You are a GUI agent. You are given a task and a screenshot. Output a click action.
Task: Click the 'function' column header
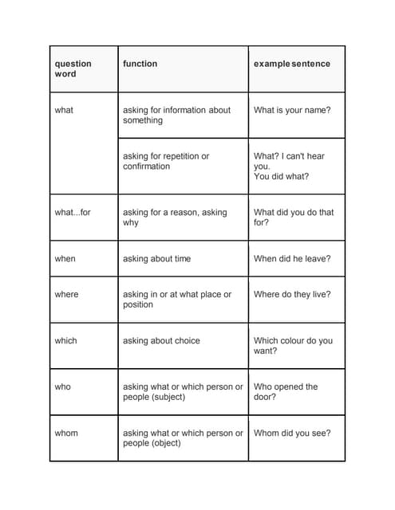click(x=140, y=64)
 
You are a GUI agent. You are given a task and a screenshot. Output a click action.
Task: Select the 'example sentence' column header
click(x=291, y=64)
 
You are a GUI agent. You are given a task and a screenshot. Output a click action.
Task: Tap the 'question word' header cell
click(x=73, y=69)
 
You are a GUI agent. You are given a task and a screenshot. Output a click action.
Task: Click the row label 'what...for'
click(x=73, y=213)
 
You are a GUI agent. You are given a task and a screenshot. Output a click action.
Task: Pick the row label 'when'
click(x=65, y=259)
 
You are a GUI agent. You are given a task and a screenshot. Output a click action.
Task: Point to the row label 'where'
click(x=67, y=295)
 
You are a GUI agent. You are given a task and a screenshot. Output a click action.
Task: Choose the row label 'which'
click(x=66, y=341)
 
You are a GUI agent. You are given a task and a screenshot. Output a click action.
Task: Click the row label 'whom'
click(x=66, y=433)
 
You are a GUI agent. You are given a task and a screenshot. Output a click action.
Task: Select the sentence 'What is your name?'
click(x=292, y=110)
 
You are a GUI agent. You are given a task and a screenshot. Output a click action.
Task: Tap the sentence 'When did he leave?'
click(x=292, y=259)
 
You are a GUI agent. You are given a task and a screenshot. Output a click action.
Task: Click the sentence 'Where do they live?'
click(x=292, y=295)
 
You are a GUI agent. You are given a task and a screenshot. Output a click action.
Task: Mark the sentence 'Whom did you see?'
click(x=292, y=433)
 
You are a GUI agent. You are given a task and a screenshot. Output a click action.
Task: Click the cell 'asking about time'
click(x=156, y=259)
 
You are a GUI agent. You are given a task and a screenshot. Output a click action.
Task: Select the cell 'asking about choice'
click(x=161, y=341)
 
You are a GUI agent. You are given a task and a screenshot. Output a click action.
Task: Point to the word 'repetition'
click(x=178, y=156)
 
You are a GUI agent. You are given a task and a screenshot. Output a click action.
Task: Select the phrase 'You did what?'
click(x=281, y=177)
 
